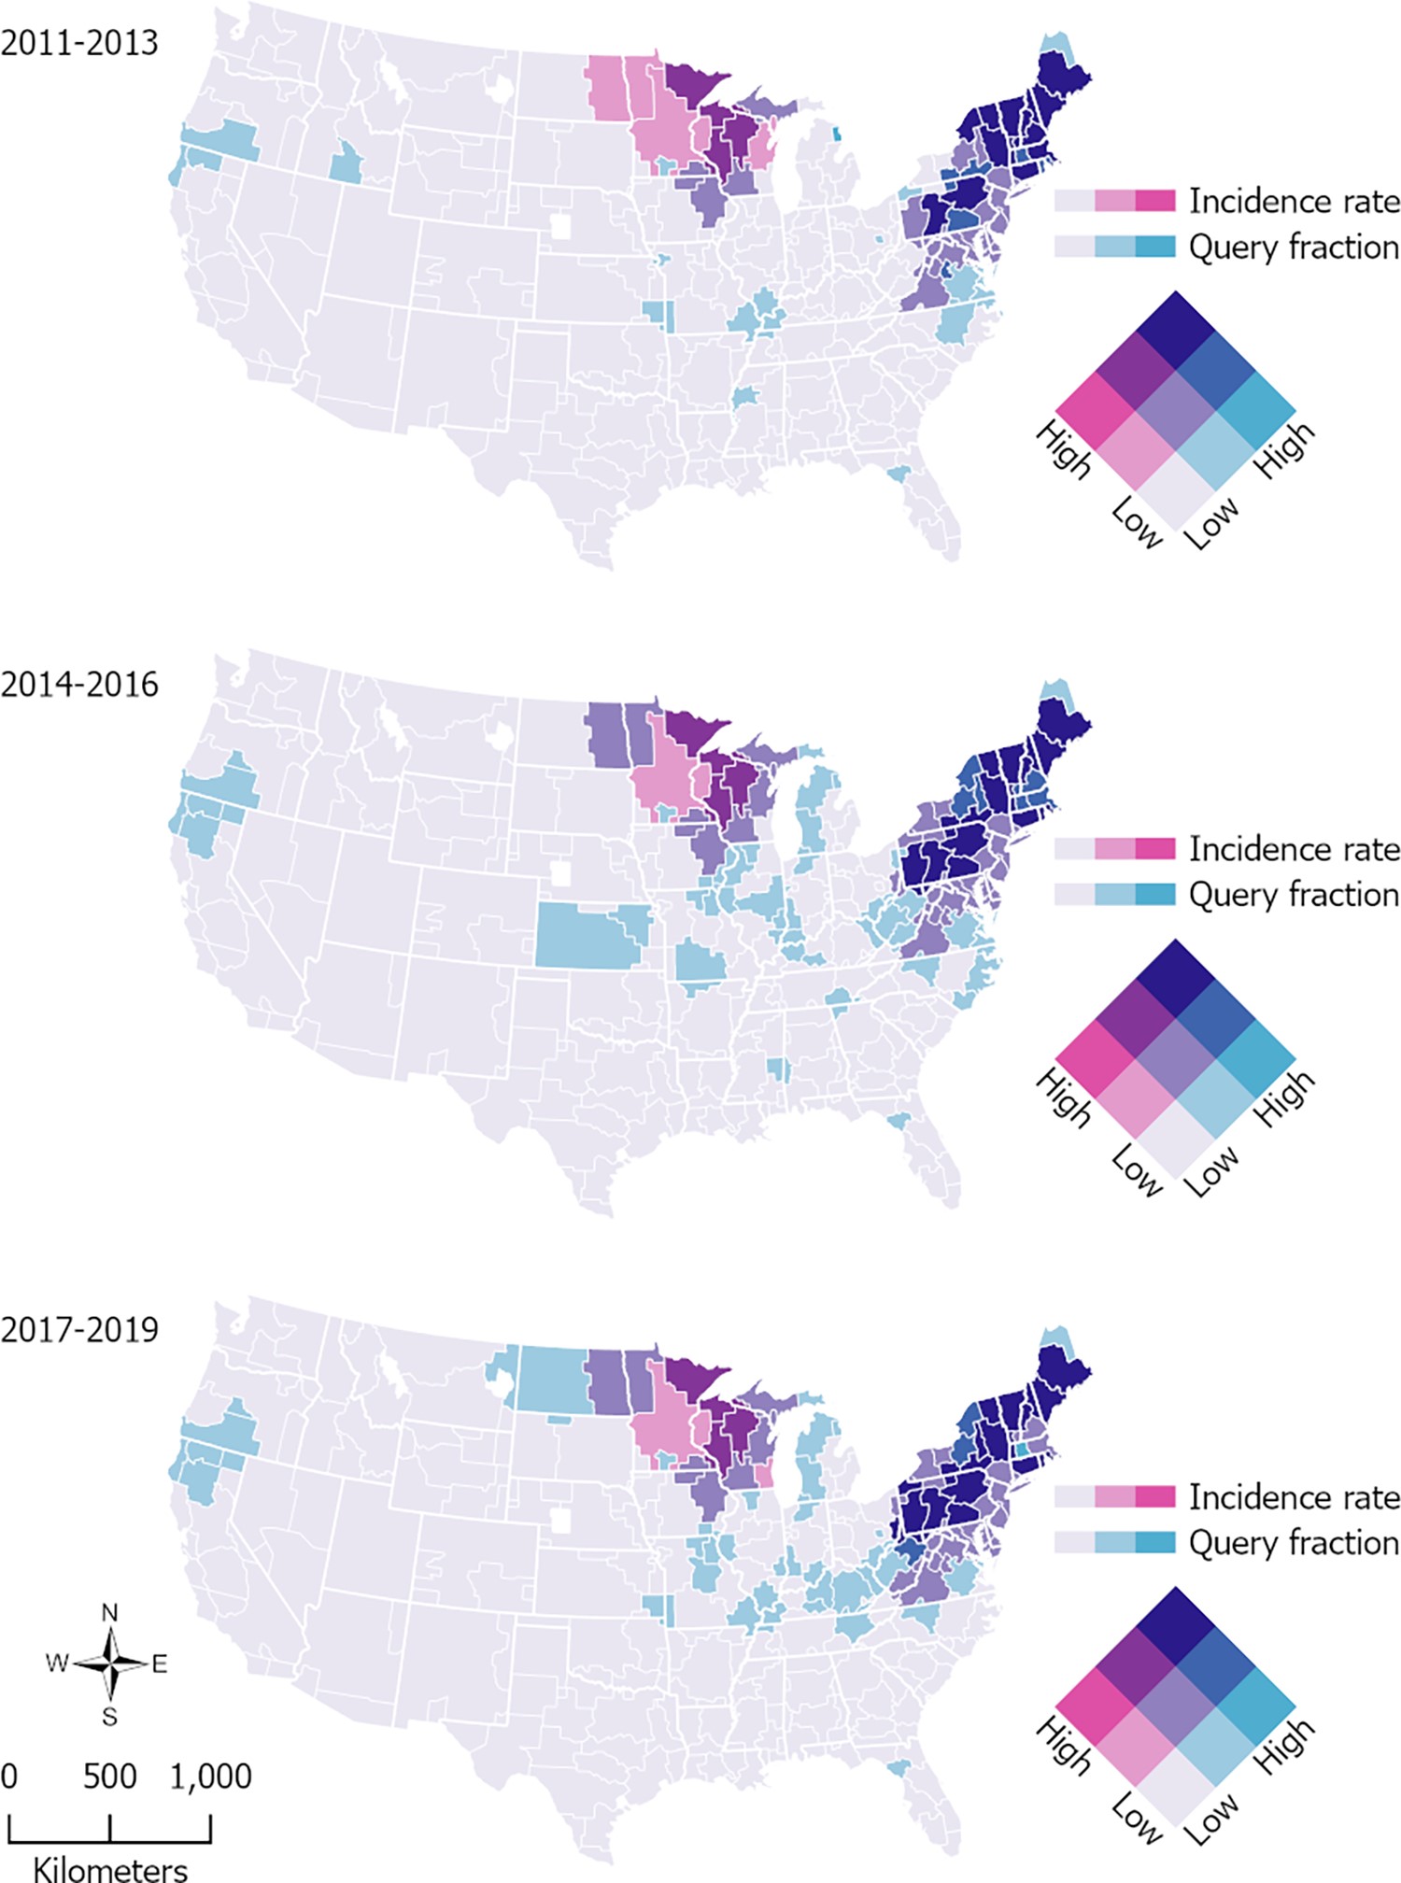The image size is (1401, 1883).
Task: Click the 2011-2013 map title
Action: click(79, 44)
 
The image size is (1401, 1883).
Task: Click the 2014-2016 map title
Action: click(79, 685)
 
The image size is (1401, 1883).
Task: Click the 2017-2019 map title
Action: click(79, 1329)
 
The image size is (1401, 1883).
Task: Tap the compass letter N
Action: click(110, 1612)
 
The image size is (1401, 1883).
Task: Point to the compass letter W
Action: click(57, 1664)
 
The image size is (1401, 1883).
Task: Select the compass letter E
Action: click(160, 1664)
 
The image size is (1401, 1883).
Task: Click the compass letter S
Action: click(110, 1716)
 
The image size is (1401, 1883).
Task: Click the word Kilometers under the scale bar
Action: click(110, 1868)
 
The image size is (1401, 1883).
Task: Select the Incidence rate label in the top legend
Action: click(1294, 201)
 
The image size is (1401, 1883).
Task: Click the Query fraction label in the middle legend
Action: click(1294, 895)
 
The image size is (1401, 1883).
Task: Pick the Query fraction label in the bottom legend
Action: click(1294, 1543)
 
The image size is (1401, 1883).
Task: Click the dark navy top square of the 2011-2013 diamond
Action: click(1176, 330)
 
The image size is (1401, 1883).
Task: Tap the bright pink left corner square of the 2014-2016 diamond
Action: click(1096, 1058)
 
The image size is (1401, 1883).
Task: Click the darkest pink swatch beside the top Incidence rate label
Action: click(1155, 200)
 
